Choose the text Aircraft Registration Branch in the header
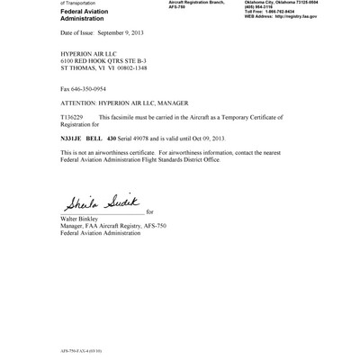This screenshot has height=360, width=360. pos(197,4)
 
